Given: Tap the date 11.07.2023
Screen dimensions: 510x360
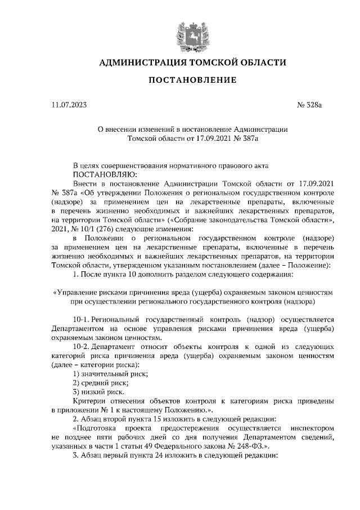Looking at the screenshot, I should click(x=70, y=105).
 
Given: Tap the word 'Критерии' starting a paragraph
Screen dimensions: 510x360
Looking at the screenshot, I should click(x=89, y=401).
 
